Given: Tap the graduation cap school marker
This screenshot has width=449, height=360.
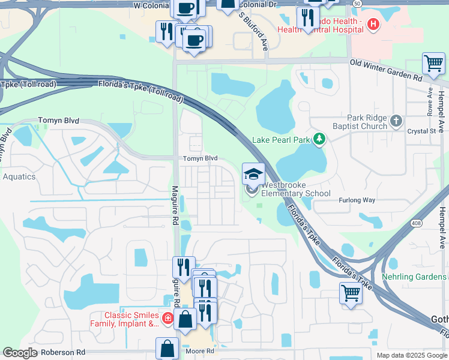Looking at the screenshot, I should point(253,173).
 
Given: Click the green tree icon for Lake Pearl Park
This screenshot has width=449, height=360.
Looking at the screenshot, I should point(320,140).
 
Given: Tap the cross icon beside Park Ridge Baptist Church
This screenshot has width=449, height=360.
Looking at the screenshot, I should point(396,121).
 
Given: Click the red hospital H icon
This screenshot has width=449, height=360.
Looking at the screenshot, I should point(373,25).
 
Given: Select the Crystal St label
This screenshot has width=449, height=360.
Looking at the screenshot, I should point(421,131).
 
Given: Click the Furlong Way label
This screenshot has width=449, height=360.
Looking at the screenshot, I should point(357,200).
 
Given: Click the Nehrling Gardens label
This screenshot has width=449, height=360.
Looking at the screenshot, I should point(415,277).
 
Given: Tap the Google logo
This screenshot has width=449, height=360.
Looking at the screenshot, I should point(19,353).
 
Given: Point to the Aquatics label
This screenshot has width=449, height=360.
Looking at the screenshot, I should point(19,176).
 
